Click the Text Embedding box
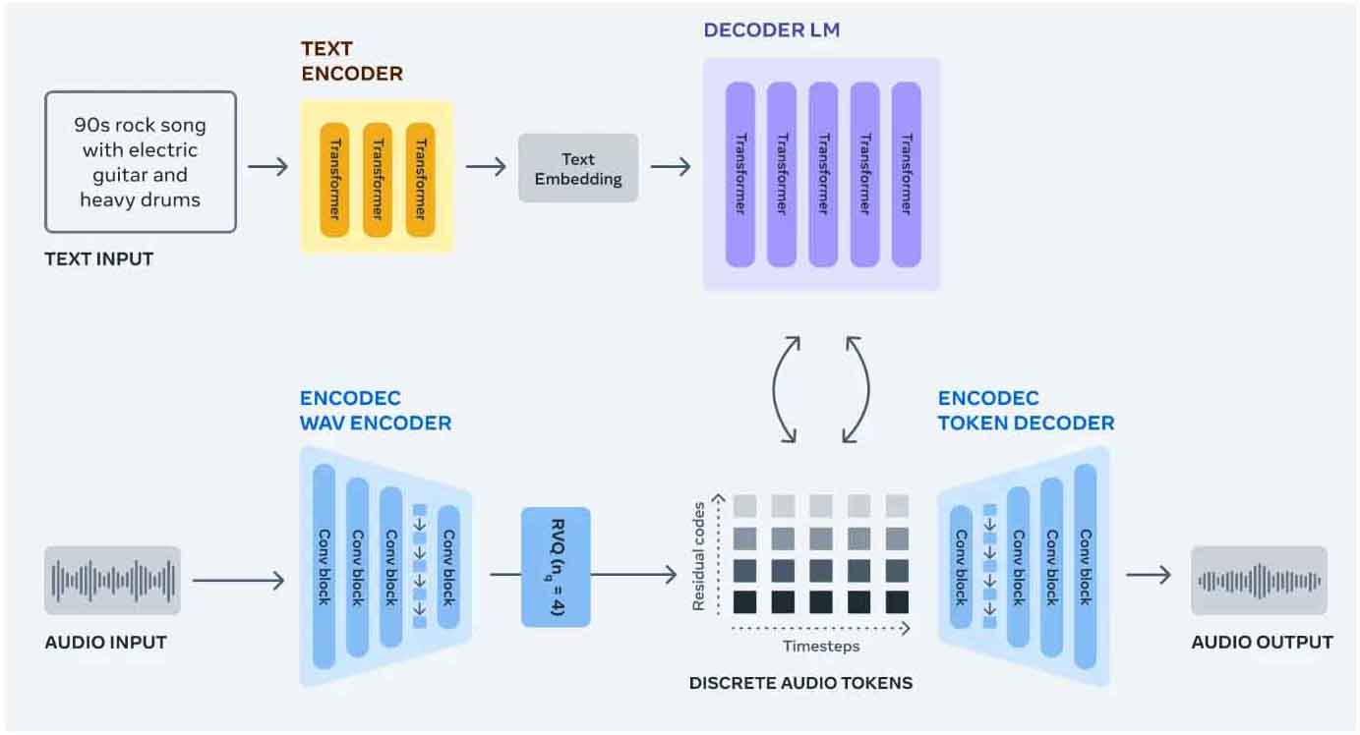point(578,169)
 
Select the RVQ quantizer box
point(556,567)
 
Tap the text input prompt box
point(141,162)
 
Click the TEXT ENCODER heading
point(351,61)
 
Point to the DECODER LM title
point(771,30)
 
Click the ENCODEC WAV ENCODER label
point(376,412)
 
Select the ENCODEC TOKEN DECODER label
point(1026,412)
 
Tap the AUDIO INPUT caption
point(106,643)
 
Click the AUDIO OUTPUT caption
point(1262,643)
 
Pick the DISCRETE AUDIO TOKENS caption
point(800,683)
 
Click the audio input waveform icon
point(113,581)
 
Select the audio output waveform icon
point(1259,581)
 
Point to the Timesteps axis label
point(821,646)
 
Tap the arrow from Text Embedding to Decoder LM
point(671,167)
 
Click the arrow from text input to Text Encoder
point(268,166)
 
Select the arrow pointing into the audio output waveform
point(1149,575)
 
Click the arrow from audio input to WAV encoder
point(238,582)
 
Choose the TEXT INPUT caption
point(99,260)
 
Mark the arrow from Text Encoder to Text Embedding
point(486,167)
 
